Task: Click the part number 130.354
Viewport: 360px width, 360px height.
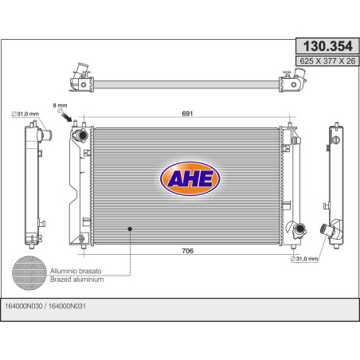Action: [x=327, y=46]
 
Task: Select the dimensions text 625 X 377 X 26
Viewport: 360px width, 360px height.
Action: [x=327, y=61]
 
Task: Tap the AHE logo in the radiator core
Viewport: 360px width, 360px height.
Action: [x=190, y=178]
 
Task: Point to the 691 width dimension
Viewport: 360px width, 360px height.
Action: [x=187, y=113]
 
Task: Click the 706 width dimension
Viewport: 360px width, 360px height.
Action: [x=188, y=251]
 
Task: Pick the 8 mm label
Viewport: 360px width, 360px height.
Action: [x=61, y=105]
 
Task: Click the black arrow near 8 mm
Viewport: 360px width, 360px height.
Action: [x=67, y=117]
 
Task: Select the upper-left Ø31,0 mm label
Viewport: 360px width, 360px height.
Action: [x=25, y=114]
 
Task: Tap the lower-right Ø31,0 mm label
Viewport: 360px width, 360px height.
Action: [x=304, y=259]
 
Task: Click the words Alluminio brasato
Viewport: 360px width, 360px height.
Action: [x=76, y=271]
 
